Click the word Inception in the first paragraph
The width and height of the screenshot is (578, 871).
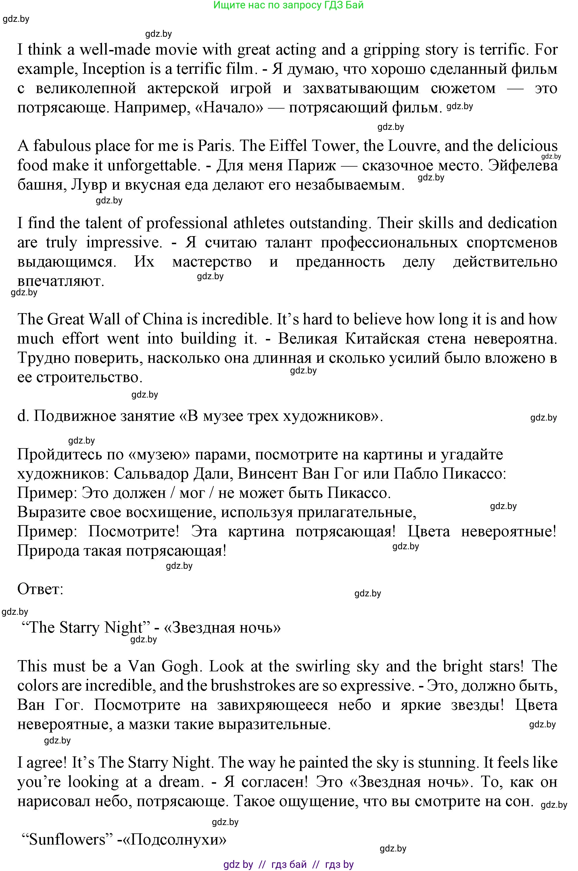click(x=114, y=69)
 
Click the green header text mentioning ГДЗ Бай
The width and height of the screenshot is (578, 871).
click(x=288, y=5)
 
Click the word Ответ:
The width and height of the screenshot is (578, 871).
click(x=41, y=589)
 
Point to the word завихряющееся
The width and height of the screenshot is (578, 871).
click(x=272, y=705)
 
